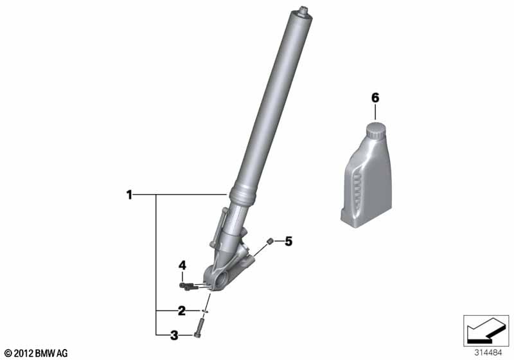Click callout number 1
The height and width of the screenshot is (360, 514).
(130, 195)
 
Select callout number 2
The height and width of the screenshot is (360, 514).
(182, 310)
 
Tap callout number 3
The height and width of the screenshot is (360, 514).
(174, 335)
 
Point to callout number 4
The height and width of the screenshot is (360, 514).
(182, 265)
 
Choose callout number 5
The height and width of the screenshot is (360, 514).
(288, 242)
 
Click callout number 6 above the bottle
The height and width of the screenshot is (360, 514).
(375, 98)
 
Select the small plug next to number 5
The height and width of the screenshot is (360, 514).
(270, 242)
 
